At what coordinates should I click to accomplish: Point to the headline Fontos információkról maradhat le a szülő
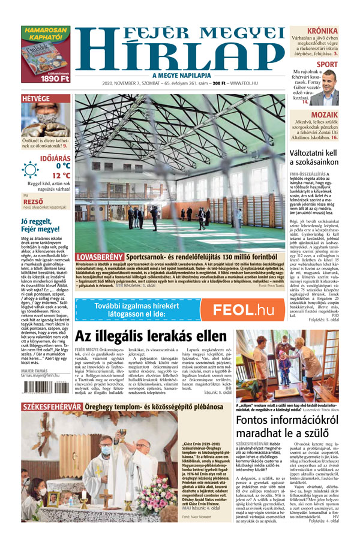coord(287,429)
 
